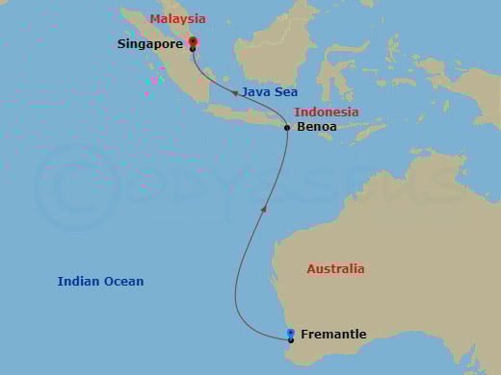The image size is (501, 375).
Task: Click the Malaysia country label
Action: tap(177, 19)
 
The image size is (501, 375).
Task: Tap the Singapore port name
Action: tap(149, 44)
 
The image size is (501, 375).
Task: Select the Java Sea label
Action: tap(270, 92)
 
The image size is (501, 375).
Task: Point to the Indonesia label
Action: tap(327, 112)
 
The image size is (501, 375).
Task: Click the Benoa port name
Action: tap(317, 127)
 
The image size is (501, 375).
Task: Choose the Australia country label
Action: tap(335, 269)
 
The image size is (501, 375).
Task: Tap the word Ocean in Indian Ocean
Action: tap(124, 282)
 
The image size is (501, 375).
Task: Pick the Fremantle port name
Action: tap(333, 335)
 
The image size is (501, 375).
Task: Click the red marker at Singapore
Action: tap(193, 41)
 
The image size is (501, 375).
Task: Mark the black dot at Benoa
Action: tap(287, 127)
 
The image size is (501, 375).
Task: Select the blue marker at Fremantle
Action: tap(291, 333)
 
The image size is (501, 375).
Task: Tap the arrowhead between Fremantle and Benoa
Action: tap(265, 208)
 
